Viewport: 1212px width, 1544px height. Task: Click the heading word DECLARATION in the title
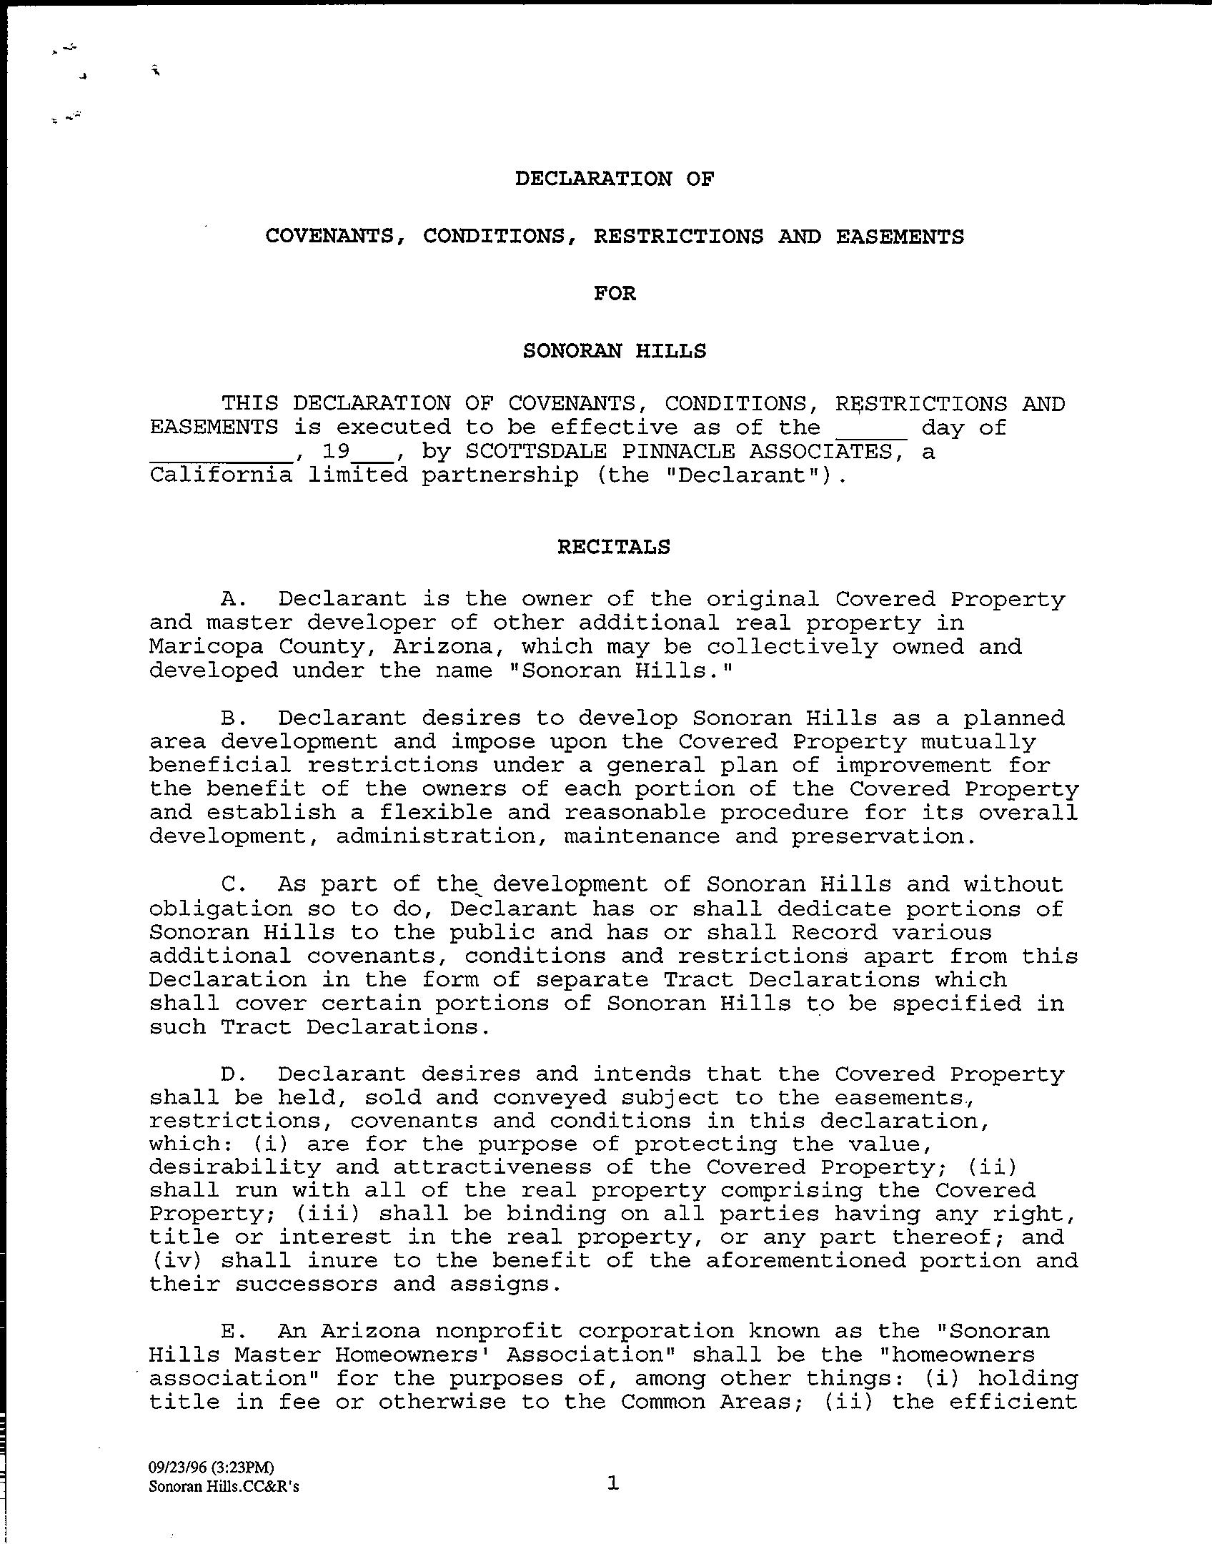point(593,179)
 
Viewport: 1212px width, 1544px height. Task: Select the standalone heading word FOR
point(615,294)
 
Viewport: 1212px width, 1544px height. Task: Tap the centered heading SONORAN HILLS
point(615,351)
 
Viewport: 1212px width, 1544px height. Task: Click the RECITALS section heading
point(614,547)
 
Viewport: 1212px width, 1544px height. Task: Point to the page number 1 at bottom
point(612,1483)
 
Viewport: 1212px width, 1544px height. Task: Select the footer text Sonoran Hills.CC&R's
point(224,1487)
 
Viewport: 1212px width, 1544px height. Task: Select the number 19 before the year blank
point(335,452)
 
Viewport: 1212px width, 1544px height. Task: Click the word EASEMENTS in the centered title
point(900,237)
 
